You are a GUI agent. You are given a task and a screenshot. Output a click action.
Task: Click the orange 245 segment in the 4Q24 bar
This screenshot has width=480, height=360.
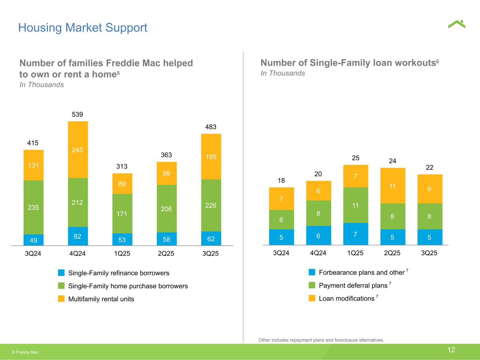tap(78, 149)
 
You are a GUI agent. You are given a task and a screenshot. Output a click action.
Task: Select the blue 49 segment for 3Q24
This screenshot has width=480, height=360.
tap(33, 240)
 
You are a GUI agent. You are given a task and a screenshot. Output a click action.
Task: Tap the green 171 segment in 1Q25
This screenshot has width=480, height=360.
tap(122, 213)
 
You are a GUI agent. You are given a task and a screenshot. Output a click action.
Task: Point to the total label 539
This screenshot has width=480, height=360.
tap(77, 114)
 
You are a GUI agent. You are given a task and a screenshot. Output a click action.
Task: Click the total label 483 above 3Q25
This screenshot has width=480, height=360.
tap(211, 127)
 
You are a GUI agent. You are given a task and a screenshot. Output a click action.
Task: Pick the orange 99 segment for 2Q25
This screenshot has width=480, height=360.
tap(167, 173)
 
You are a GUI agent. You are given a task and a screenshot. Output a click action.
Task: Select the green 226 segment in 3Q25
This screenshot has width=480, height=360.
tap(211, 205)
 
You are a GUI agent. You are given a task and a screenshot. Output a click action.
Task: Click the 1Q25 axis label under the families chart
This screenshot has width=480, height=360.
tap(122, 253)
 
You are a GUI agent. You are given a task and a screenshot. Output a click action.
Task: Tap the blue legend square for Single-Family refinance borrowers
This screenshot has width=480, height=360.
tap(61, 272)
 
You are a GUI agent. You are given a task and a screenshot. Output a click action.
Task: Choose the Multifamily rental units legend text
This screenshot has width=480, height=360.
tap(101, 299)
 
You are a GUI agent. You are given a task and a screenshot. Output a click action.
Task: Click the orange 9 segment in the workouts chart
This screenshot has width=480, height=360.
tap(430, 189)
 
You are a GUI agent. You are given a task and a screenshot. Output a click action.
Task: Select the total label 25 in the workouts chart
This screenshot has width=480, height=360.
tap(356, 158)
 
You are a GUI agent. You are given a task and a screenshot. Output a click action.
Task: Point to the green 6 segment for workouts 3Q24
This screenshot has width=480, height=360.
tap(281, 219)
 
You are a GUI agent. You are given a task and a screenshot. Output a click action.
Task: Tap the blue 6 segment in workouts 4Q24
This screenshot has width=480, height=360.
tap(318, 236)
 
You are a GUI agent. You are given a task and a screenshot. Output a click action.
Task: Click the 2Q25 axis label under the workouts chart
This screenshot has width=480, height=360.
tap(392, 253)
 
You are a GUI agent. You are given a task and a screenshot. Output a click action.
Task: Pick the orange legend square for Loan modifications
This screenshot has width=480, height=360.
tap(312, 298)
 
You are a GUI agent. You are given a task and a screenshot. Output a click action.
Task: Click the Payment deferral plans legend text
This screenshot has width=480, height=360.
tap(353, 285)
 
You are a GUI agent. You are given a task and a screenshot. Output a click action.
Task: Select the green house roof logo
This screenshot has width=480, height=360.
tap(456, 24)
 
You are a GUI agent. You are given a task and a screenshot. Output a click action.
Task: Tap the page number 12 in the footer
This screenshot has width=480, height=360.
tap(451, 350)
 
